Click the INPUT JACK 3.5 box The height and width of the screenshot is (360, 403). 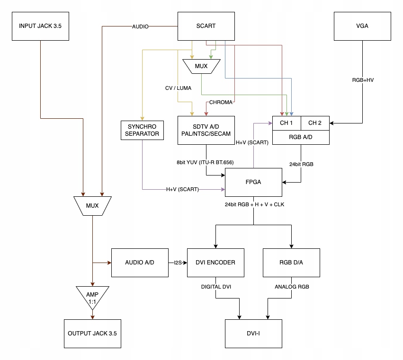pos(40,26)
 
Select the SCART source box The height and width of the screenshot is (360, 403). pos(206,26)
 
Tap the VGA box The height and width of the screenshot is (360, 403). pos(362,26)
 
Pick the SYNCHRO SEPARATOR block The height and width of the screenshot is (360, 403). pos(142,130)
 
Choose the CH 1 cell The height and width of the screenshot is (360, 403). pos(287,123)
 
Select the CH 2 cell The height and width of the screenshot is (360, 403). pos(315,123)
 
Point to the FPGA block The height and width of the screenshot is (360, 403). pos(253,182)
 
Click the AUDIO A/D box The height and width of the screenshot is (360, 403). pos(140,263)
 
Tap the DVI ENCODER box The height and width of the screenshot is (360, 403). pos(216,263)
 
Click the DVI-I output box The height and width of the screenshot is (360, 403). pos(253,334)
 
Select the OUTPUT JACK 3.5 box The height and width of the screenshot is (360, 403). pos(92,334)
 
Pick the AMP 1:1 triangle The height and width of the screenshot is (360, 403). pos(92,297)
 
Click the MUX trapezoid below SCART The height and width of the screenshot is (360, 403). pos(201,66)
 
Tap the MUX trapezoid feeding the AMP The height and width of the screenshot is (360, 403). pos(92,206)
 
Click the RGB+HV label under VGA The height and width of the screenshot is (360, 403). pos(362,80)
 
